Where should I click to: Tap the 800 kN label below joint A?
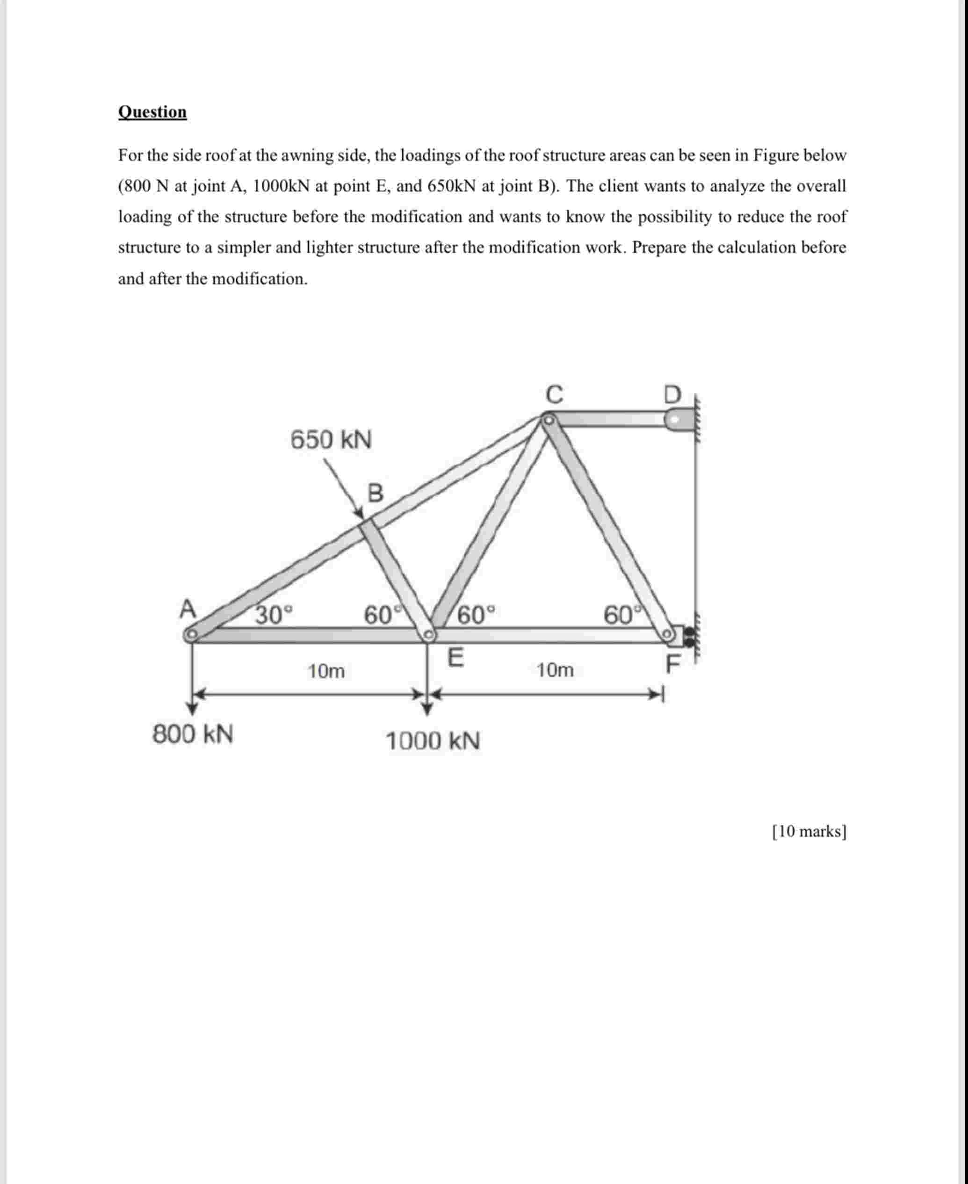193,734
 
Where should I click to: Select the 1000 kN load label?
433,741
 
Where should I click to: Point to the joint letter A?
188,609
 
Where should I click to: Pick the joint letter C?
554,394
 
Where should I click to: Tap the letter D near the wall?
673,395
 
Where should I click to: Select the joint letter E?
455,658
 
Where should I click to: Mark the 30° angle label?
273,615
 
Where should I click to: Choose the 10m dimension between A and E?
326,671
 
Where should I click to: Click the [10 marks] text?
809,832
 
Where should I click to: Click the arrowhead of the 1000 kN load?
426,709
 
